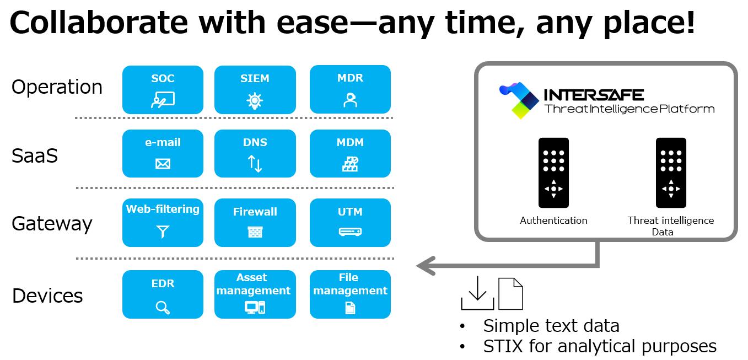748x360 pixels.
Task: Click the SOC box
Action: [x=163, y=89]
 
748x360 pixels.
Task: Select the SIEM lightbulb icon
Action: [x=255, y=100]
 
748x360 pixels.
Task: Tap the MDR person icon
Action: [x=350, y=100]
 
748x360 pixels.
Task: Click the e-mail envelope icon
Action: [x=163, y=164]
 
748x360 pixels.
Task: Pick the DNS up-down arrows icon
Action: [x=255, y=164]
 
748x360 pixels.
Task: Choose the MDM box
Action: [x=350, y=153]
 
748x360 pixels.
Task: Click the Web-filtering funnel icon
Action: [x=163, y=232]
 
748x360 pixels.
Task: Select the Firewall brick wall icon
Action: [x=255, y=232]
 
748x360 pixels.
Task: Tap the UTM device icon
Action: [x=350, y=232]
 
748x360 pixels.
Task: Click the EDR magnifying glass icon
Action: [x=163, y=307]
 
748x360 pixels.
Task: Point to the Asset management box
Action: [x=255, y=294]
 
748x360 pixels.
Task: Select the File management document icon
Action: [x=350, y=308]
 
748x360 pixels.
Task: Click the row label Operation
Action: [x=57, y=87]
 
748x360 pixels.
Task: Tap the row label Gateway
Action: [x=52, y=224]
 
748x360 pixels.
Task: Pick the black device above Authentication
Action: [x=553, y=173]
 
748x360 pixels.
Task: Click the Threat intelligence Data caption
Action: [x=670, y=226]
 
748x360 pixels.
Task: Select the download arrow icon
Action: [x=477, y=294]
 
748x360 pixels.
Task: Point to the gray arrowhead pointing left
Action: [x=424, y=266]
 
